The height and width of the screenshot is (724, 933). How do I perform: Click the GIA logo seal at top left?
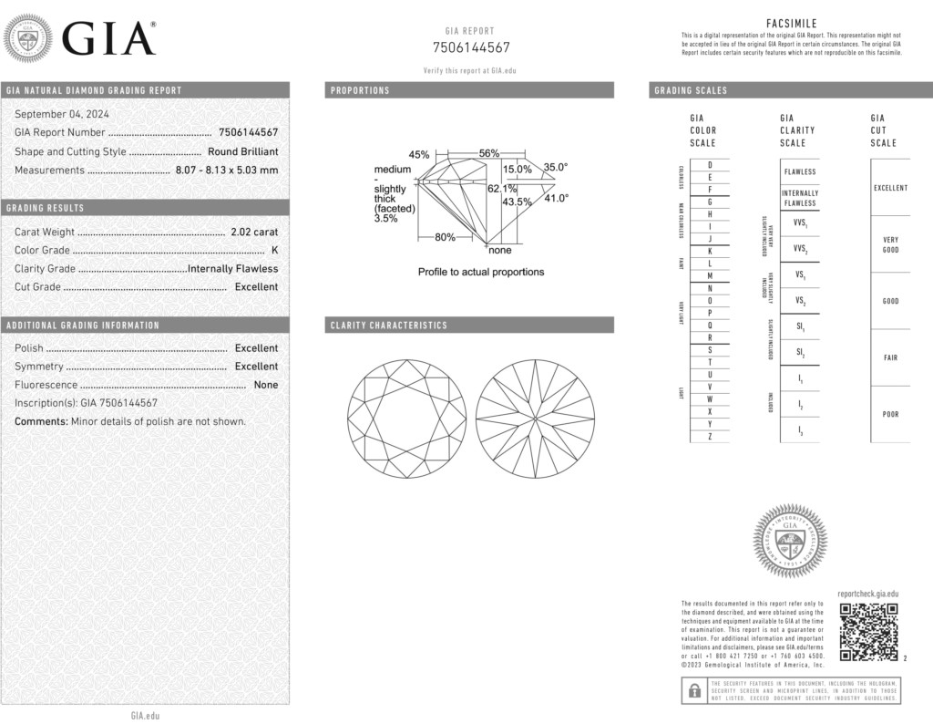pyautogui.click(x=28, y=39)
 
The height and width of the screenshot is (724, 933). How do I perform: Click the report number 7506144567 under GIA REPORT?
pyautogui.click(x=470, y=47)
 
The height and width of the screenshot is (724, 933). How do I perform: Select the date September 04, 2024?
pyautogui.click(x=61, y=114)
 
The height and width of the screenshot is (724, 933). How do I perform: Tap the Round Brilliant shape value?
pyautogui.click(x=242, y=151)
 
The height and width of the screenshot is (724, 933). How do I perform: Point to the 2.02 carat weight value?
pyautogui.click(x=253, y=232)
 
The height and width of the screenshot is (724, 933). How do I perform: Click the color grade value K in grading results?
pyautogui.click(x=274, y=250)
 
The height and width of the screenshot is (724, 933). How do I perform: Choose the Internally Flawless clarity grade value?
pyautogui.click(x=232, y=268)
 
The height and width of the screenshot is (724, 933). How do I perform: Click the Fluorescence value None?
pyautogui.click(x=266, y=385)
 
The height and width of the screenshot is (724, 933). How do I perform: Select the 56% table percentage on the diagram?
pyautogui.click(x=489, y=153)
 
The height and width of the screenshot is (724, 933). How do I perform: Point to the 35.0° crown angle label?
pyautogui.click(x=556, y=167)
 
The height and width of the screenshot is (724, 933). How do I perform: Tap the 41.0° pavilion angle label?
pyautogui.click(x=556, y=198)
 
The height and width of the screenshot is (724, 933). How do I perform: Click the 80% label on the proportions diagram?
pyautogui.click(x=445, y=238)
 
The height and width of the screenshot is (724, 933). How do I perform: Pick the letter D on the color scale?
pyautogui.click(x=710, y=164)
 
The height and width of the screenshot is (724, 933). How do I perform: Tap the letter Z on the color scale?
pyautogui.click(x=710, y=437)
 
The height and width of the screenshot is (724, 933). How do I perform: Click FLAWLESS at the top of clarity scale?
pyautogui.click(x=799, y=171)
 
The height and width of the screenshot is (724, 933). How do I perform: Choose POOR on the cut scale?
pyautogui.click(x=890, y=414)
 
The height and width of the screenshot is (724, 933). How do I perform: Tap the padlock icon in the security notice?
pyautogui.click(x=694, y=690)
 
